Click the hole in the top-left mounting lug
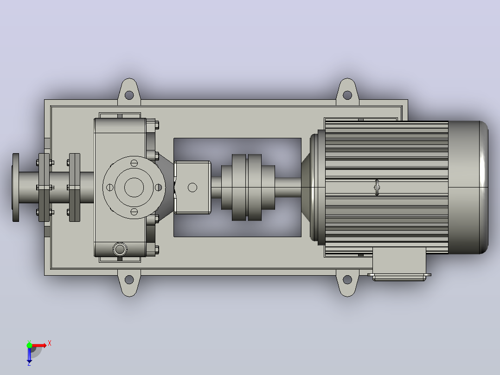(x=129, y=95)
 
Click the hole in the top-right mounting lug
(x=347, y=95)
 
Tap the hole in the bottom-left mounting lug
(x=129, y=280)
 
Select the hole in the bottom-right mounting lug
(x=347, y=280)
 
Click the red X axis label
(x=50, y=343)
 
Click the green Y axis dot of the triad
(x=29, y=345)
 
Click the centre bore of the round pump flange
(x=134, y=187)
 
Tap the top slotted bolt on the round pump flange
(x=134, y=163)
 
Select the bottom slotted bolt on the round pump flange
(x=134, y=212)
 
